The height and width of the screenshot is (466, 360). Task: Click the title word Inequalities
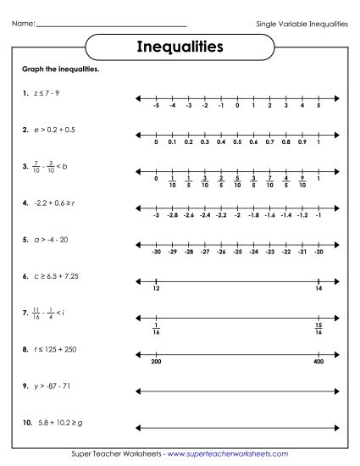pos(180,46)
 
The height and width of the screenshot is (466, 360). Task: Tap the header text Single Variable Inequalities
pos(302,24)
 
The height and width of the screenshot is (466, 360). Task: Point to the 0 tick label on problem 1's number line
pos(237,107)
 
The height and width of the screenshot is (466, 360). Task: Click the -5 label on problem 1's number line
pos(157,107)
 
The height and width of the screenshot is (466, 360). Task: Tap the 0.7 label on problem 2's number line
pos(269,142)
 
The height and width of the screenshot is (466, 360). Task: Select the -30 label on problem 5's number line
pos(157,252)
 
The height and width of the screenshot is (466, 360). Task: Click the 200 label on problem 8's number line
pos(157,362)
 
